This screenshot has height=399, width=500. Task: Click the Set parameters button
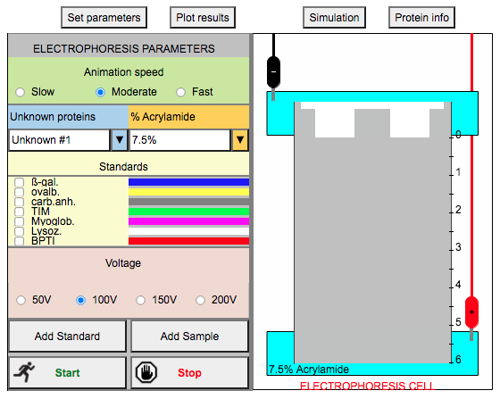tap(104, 18)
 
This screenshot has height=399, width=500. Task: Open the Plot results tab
tap(203, 18)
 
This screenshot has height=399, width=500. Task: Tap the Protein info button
tap(421, 18)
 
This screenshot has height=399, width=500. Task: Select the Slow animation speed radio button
tap(20, 92)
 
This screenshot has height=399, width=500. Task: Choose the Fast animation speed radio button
tap(180, 92)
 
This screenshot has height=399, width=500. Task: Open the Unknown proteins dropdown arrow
tap(120, 139)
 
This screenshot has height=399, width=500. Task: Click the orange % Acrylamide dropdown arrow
tap(240, 139)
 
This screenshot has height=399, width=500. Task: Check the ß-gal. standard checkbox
tap(19, 182)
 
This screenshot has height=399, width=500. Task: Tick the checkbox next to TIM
tap(19, 212)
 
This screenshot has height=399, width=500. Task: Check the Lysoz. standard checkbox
tap(19, 231)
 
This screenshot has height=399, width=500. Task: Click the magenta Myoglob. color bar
tap(188, 221)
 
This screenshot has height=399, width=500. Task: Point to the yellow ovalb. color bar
tap(188, 192)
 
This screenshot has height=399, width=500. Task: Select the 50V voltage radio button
tap(21, 300)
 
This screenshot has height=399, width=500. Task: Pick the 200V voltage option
tap(200, 300)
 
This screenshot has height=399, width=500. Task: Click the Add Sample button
tap(189, 337)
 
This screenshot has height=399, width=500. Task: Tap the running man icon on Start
tap(25, 372)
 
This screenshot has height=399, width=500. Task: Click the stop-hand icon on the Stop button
tap(146, 372)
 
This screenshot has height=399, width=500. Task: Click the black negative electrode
tap(273, 72)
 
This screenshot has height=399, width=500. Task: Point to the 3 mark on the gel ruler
tap(458, 247)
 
